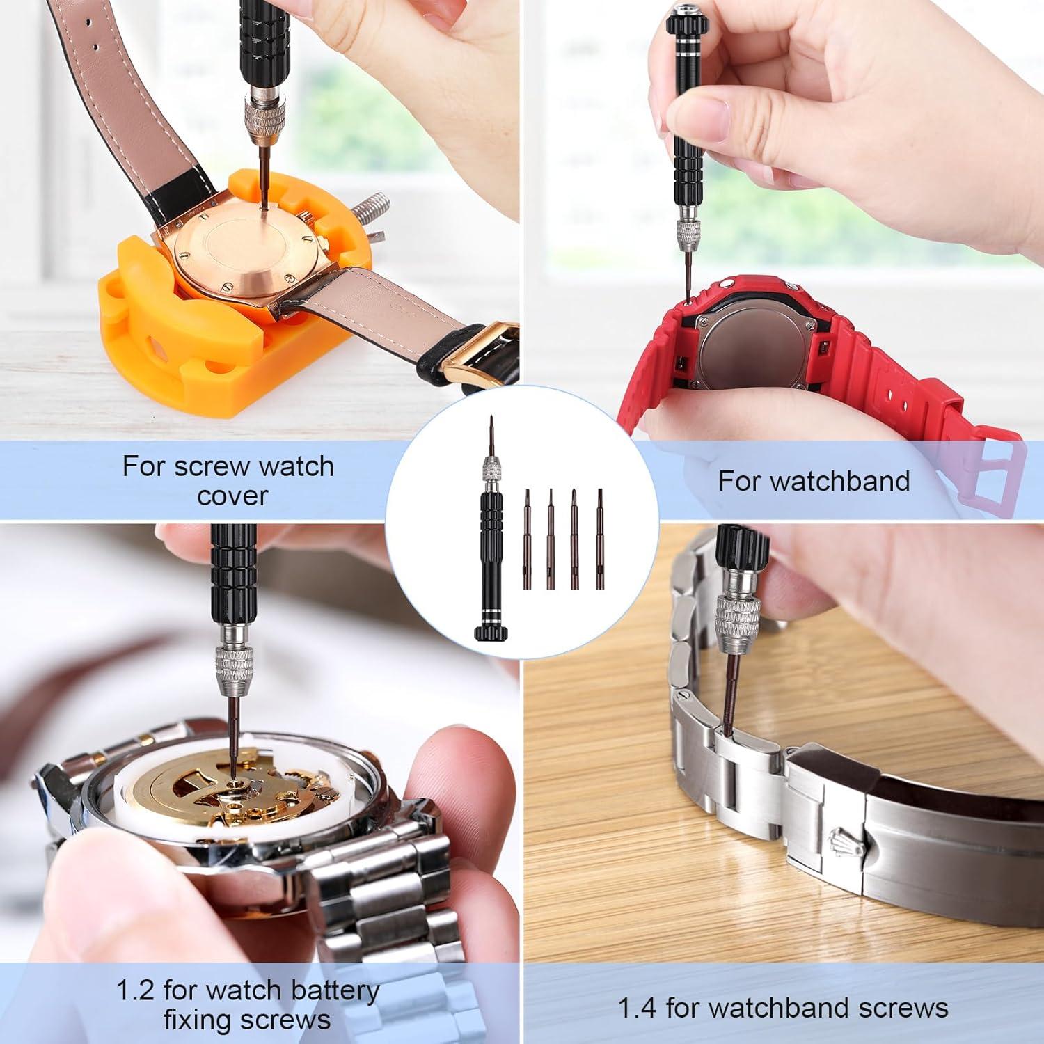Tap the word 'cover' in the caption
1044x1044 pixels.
click(232, 496)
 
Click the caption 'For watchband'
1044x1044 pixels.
click(814, 481)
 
